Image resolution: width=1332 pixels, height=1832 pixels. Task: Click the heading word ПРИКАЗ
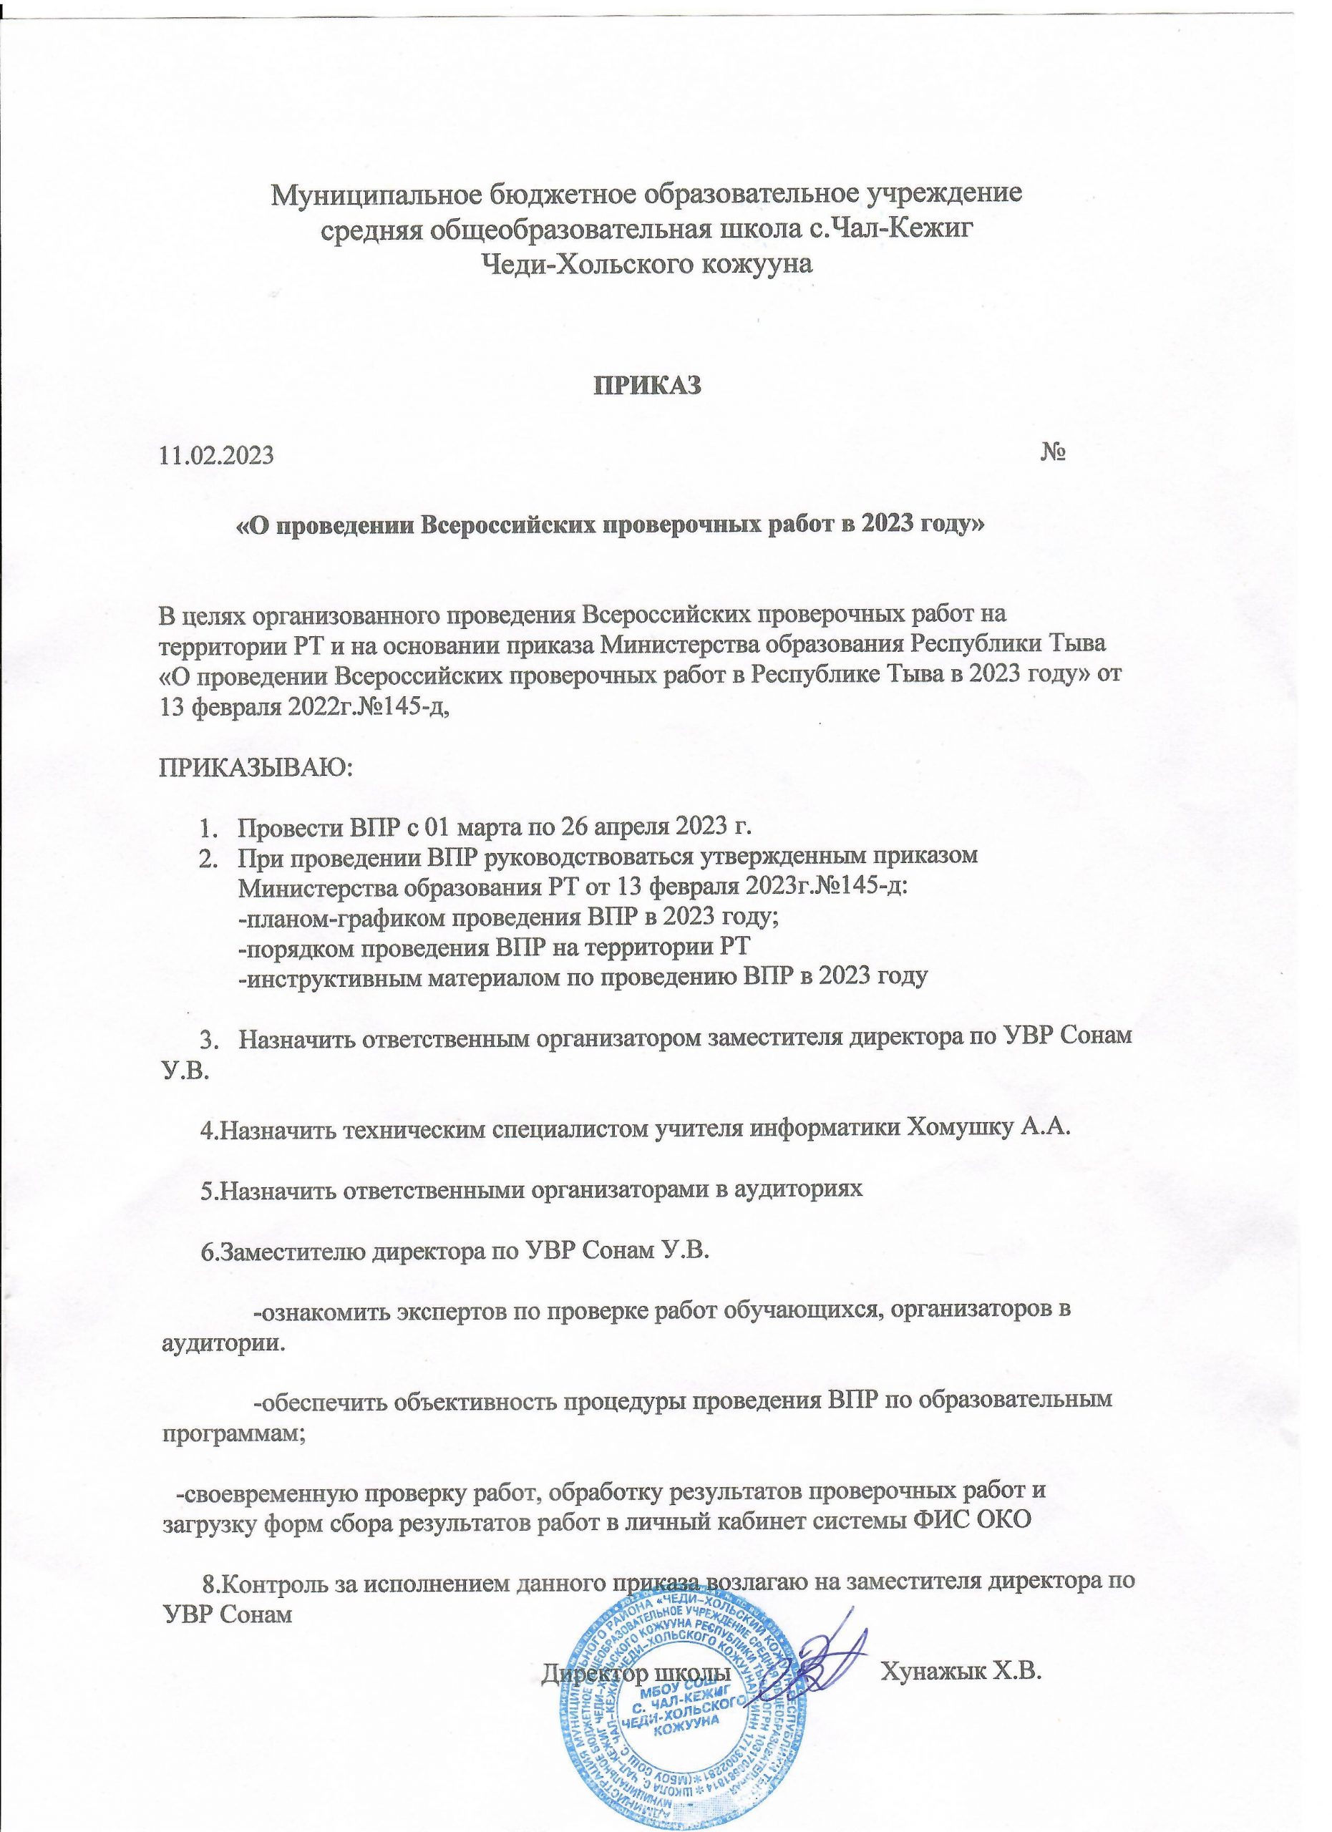coord(648,384)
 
